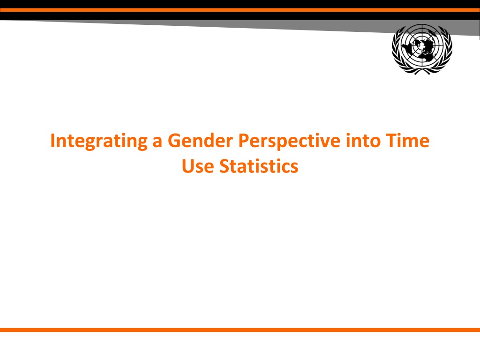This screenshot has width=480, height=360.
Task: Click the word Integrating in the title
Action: pos(99,142)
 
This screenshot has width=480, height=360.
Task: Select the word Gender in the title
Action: pos(201,141)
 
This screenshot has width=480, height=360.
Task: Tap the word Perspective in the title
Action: pos(289,142)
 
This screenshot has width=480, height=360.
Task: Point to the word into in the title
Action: pos(363,141)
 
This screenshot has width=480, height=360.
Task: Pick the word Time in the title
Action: pos(407,141)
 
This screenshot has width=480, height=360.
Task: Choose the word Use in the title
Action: pos(198,166)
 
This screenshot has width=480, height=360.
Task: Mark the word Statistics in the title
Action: pos(259,166)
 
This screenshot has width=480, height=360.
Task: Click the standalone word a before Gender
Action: pos(157,142)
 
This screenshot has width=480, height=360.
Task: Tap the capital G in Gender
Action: pos(174,141)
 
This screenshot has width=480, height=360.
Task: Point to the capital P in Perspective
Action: pos(244,141)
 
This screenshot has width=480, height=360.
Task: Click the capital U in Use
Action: pos(188,166)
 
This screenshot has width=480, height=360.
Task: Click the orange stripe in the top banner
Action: pos(240,10)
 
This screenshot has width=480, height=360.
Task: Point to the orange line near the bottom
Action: pos(240,330)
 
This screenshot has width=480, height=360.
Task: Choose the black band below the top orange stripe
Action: pos(240,16)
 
